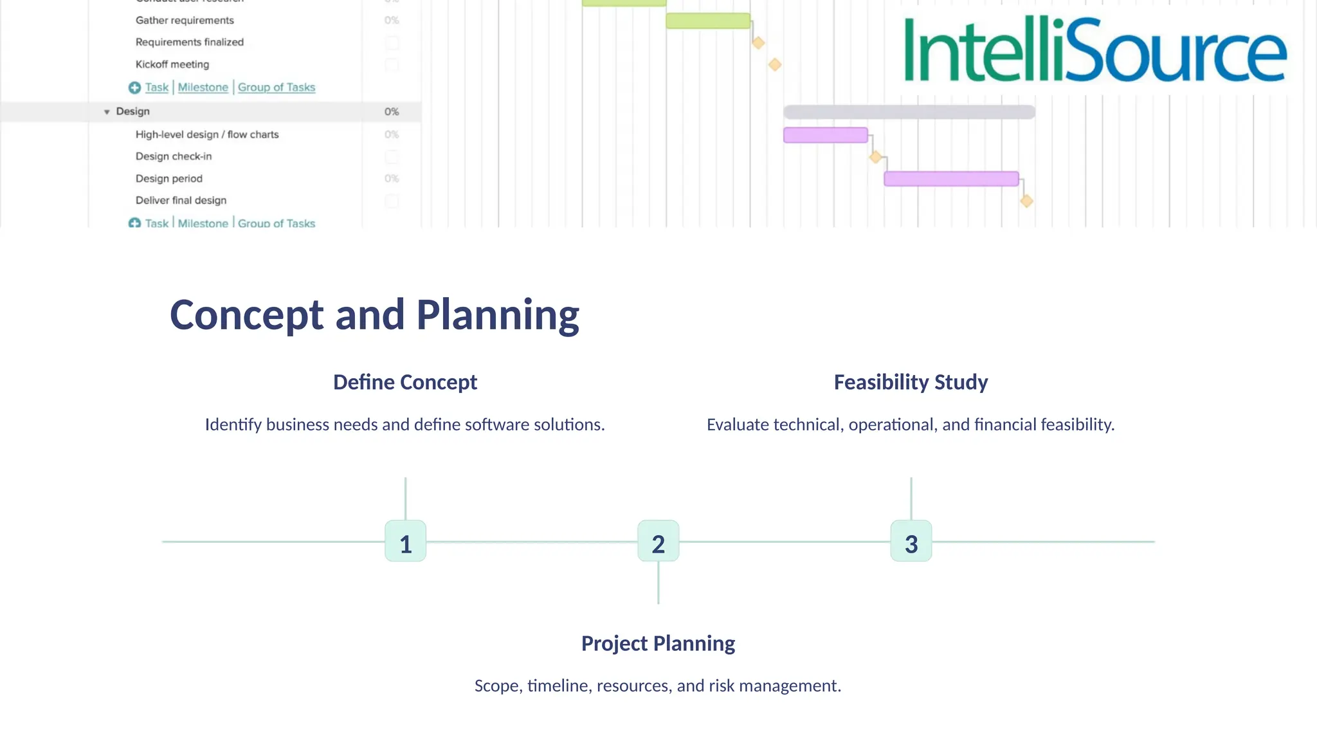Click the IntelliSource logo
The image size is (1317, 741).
(x=1094, y=50)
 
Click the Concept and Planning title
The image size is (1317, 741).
(x=374, y=315)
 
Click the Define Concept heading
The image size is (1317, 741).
(x=405, y=382)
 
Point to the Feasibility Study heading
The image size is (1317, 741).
(x=911, y=382)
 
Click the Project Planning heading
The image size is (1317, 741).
(x=658, y=643)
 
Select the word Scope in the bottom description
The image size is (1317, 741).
(x=498, y=686)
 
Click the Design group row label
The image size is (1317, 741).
(x=132, y=111)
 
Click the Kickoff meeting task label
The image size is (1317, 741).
(x=172, y=64)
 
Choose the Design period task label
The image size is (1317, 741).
(x=169, y=179)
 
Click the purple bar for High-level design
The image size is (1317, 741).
(x=825, y=135)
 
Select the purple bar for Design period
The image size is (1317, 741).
(x=950, y=179)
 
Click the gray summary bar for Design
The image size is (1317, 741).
(x=909, y=112)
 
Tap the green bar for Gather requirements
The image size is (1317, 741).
(x=707, y=21)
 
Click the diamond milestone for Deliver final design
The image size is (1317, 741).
(x=1026, y=201)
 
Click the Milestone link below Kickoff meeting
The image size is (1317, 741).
(x=203, y=87)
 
